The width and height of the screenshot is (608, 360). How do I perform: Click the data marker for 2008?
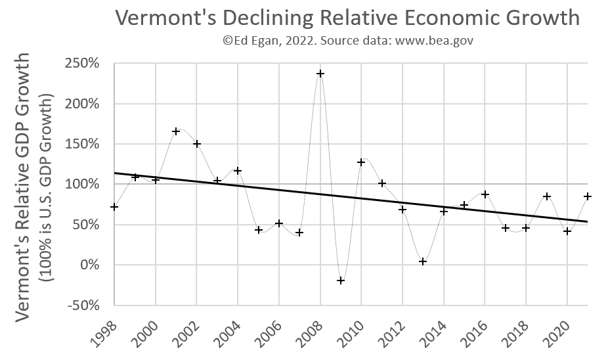click(320, 74)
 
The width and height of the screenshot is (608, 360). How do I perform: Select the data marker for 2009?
click(341, 281)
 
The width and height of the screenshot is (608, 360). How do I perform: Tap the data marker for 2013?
click(423, 261)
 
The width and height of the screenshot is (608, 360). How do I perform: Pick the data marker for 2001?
click(176, 131)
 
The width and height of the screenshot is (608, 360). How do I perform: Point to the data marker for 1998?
click(114, 207)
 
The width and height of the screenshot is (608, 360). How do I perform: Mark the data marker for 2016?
click(485, 194)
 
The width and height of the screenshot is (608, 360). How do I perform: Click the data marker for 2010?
click(361, 162)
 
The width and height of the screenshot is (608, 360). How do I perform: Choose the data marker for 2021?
click(588, 196)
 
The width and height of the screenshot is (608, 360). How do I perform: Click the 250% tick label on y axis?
click(81, 64)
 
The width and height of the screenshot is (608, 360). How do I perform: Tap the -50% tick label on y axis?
click(84, 305)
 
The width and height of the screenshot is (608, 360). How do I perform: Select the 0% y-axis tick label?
click(91, 265)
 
